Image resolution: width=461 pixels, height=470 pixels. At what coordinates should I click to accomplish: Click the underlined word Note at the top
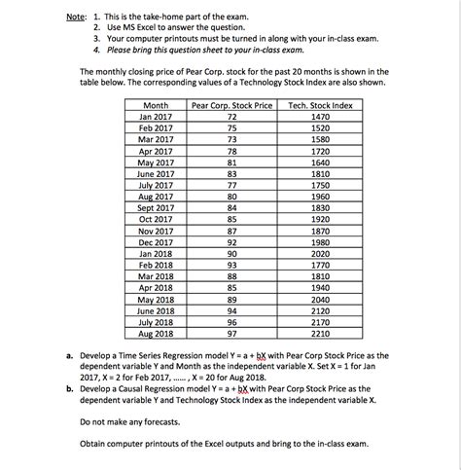pyautogui.click(x=66, y=17)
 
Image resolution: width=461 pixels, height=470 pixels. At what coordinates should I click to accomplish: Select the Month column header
pyautogui.click(x=156, y=104)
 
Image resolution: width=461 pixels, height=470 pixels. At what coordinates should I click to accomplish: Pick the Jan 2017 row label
pyautogui.click(x=156, y=116)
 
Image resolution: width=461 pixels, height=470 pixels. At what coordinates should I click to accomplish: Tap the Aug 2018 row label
pyautogui.click(x=156, y=332)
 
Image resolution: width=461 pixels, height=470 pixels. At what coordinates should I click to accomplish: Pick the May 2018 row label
pyautogui.click(x=156, y=298)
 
